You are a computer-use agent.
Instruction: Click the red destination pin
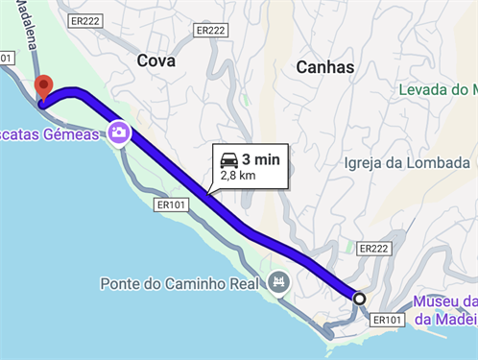[x=43, y=87]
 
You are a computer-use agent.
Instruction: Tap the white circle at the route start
[x=359, y=299]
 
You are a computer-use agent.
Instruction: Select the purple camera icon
[x=119, y=132]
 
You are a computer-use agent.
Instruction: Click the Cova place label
[x=156, y=60]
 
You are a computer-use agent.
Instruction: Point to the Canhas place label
[x=325, y=67]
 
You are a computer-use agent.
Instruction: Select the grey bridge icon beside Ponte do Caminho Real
[x=278, y=282]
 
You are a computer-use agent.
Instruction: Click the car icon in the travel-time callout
[x=228, y=159]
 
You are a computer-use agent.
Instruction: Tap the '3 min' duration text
[x=260, y=159]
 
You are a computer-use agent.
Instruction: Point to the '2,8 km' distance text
[x=238, y=176]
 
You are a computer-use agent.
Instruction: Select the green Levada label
[x=438, y=90]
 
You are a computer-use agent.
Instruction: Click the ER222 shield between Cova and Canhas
[x=210, y=31]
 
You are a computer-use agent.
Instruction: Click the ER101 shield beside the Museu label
[x=386, y=320]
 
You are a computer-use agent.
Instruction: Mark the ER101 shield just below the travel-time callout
[x=170, y=204]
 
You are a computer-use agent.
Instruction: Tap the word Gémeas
[x=68, y=134]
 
